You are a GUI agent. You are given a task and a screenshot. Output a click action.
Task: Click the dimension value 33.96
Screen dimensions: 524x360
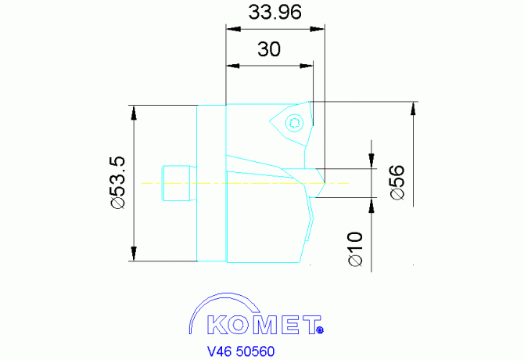[x=275, y=12]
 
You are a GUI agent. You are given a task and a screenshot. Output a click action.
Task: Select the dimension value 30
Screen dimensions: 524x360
[x=269, y=49]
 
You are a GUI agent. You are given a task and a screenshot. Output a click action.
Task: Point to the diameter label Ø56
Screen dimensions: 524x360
[x=397, y=182]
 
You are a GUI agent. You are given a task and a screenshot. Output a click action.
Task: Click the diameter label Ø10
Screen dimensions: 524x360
[x=355, y=249]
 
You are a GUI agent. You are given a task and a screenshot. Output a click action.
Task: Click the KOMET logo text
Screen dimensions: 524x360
[x=264, y=325]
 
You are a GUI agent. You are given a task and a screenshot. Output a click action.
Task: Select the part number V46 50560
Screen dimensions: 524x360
[x=241, y=351]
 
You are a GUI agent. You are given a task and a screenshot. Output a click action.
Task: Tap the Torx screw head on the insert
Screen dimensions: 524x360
[x=295, y=123]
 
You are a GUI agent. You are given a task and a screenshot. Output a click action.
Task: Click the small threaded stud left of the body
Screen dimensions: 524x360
[x=178, y=183]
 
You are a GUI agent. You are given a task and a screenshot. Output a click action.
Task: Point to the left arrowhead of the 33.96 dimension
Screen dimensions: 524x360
[x=234, y=29]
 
